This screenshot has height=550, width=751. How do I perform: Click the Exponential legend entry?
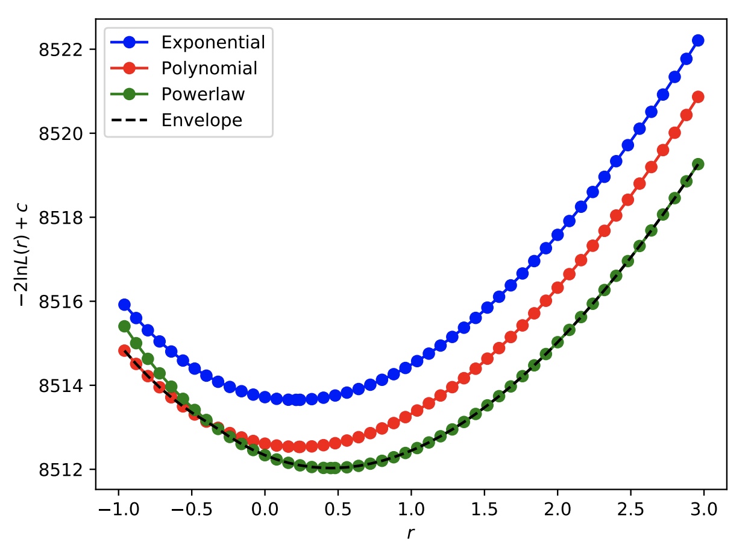pos(213,43)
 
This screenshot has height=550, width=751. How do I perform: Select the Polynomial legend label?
pos(209,69)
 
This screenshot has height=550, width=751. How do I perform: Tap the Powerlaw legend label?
pos(203,95)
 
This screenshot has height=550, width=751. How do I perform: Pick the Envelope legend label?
pos(201,121)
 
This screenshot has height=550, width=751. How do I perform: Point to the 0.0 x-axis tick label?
pos(265,510)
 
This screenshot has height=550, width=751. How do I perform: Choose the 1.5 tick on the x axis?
pos(484,510)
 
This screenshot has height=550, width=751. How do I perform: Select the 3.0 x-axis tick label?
pos(704,510)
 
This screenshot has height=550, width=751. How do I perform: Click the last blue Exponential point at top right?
pos(698,40)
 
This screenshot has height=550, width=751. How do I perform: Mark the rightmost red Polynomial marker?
pos(698,96)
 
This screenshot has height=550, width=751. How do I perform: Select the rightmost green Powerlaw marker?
pos(698,164)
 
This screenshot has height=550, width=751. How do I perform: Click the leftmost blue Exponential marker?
pos(124,305)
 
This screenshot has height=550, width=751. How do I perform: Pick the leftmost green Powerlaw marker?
pos(124,326)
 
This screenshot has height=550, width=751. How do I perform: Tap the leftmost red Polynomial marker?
pos(124,350)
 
